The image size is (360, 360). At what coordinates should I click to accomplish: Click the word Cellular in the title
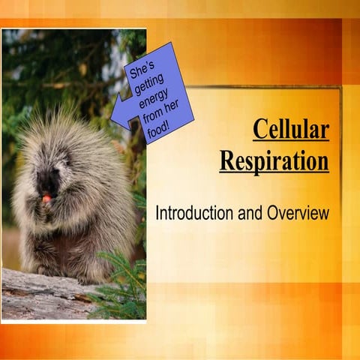tap(290, 129)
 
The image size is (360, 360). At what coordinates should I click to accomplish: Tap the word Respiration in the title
tap(274, 160)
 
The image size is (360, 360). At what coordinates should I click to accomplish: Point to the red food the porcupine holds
tap(46, 198)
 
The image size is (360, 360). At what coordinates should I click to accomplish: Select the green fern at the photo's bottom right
tap(124, 289)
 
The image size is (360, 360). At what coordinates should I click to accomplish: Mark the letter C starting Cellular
tap(259, 129)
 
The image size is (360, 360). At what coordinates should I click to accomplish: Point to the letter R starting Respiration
tap(227, 160)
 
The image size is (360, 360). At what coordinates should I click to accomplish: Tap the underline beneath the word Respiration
tap(274, 173)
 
